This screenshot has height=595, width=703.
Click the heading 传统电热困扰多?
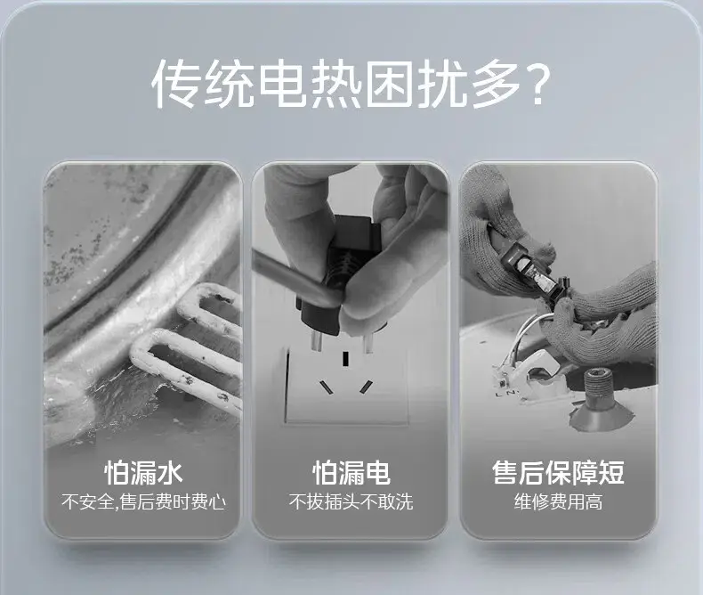tap(351, 84)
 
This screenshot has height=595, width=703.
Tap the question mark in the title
tap(537, 84)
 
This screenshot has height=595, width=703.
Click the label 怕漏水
tap(143, 472)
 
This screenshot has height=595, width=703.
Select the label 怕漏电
tap(351, 472)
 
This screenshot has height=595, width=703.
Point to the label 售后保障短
tap(558, 472)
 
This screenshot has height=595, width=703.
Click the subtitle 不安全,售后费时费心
tap(143, 501)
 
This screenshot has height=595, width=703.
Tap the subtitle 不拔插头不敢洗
tap(351, 501)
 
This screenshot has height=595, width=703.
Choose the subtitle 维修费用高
tap(558, 501)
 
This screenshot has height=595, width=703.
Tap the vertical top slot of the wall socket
tap(345, 359)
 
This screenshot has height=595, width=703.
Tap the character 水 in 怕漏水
tap(169, 472)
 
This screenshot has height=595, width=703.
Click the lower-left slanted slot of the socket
tap(326, 387)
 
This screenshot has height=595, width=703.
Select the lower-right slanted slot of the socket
tap(366, 387)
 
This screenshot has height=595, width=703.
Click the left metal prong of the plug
tap(315, 342)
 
